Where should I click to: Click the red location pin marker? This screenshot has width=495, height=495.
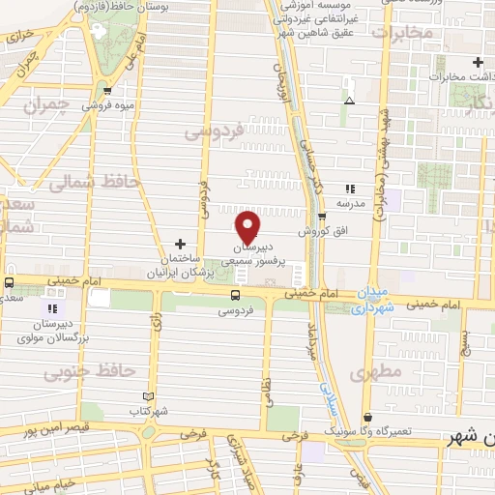pyautogui.click(x=247, y=227)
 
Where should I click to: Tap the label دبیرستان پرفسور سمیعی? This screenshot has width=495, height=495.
pyautogui.click(x=256, y=254)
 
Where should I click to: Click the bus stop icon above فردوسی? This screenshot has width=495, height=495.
pyautogui.click(x=235, y=295)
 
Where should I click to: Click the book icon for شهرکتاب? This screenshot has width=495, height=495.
pyautogui.click(x=148, y=395)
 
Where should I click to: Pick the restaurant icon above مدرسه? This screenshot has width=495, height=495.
pyautogui.click(x=350, y=189)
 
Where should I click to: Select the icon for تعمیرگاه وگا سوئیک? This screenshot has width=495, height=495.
pyautogui.click(x=367, y=418)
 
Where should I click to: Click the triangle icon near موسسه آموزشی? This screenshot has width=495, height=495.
pyautogui.click(x=349, y=101)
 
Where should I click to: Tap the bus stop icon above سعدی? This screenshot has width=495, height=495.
pyautogui.click(x=9, y=284)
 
